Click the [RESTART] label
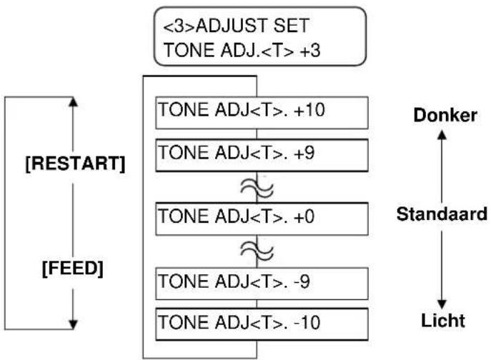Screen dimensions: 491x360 pos(75,164)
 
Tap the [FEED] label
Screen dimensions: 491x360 pos(73,269)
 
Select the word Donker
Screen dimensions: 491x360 pos(445,115)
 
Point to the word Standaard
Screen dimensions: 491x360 pos(442,214)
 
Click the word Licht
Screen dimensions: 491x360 pos(443,320)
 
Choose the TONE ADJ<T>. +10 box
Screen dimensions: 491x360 pos(262,113)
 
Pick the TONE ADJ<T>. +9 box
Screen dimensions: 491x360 pos(262,156)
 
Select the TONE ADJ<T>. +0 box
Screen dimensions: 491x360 pos(262,219)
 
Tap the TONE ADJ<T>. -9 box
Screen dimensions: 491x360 pos(262,284)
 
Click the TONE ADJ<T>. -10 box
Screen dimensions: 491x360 pos(262,324)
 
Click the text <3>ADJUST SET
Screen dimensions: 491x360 pos(237,26)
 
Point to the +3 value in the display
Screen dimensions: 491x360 pos(310,50)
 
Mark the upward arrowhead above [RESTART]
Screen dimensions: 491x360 pos(73,101)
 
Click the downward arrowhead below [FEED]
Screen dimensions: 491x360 pos(73,324)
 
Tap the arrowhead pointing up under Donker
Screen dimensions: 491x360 pos(442,135)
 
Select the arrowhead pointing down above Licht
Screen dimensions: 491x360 pos(442,304)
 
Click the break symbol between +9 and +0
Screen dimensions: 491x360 pos(257,188)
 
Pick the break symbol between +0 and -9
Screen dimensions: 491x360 pos(257,251)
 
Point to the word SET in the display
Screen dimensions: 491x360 pos(292,26)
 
